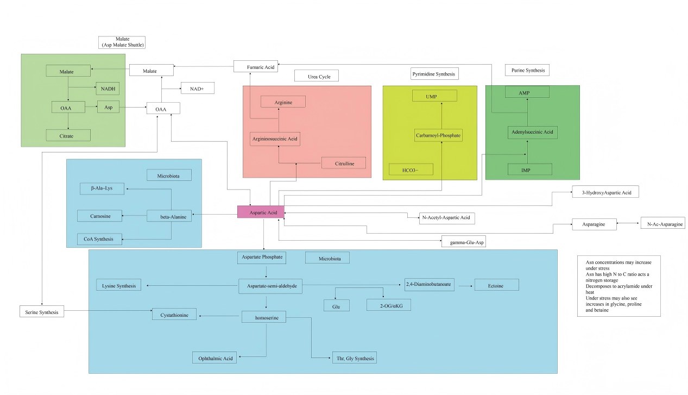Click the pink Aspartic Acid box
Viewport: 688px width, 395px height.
(x=261, y=212)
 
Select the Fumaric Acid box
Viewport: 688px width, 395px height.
(x=256, y=66)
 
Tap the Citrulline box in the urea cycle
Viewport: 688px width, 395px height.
(x=343, y=162)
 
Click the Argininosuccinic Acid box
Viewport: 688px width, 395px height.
(x=275, y=139)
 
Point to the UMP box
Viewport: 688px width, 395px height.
(x=434, y=96)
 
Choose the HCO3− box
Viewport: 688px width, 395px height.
(x=411, y=170)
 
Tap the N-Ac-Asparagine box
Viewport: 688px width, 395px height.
(x=662, y=223)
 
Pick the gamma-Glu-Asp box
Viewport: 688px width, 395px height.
(x=463, y=242)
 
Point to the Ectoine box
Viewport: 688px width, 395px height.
(x=496, y=285)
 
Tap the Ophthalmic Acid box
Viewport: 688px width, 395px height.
(x=214, y=358)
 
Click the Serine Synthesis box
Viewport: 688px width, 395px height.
(x=42, y=311)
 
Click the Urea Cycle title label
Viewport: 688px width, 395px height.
(x=316, y=76)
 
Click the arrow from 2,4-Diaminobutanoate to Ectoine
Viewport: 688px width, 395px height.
(x=464, y=285)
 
